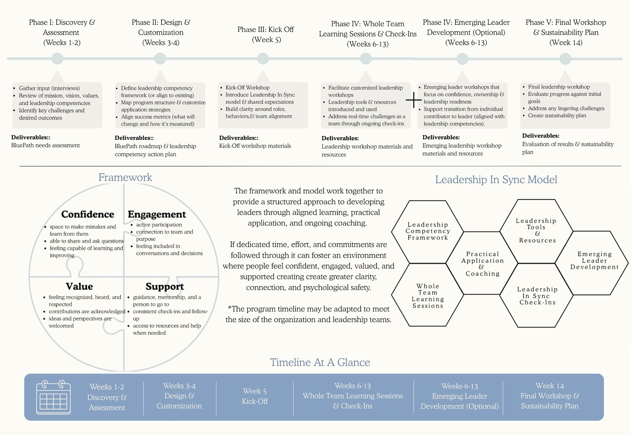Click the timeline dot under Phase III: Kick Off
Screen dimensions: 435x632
click(263, 58)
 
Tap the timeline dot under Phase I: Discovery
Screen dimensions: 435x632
click(57, 58)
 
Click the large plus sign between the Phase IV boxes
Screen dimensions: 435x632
click(414, 100)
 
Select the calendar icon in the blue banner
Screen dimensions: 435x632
click(53, 397)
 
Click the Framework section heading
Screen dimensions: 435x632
click(125, 177)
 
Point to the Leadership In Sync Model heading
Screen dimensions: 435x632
click(496, 180)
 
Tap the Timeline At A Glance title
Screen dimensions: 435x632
click(320, 362)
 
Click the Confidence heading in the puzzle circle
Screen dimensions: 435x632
click(87, 214)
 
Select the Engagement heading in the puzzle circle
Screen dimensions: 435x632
click(157, 214)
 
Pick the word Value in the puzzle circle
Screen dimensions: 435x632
click(79, 286)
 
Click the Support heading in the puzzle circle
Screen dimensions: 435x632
click(165, 286)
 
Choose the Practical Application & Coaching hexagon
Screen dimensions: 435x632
click(482, 263)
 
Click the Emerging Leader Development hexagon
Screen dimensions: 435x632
click(594, 261)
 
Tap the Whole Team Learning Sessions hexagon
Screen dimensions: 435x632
click(428, 296)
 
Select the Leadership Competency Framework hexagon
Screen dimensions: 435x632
click(428, 231)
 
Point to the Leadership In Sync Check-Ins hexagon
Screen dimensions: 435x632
click(537, 296)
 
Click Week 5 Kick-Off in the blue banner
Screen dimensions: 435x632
click(255, 396)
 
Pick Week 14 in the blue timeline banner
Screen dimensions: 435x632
click(549, 386)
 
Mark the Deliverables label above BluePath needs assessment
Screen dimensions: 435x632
click(31, 137)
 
